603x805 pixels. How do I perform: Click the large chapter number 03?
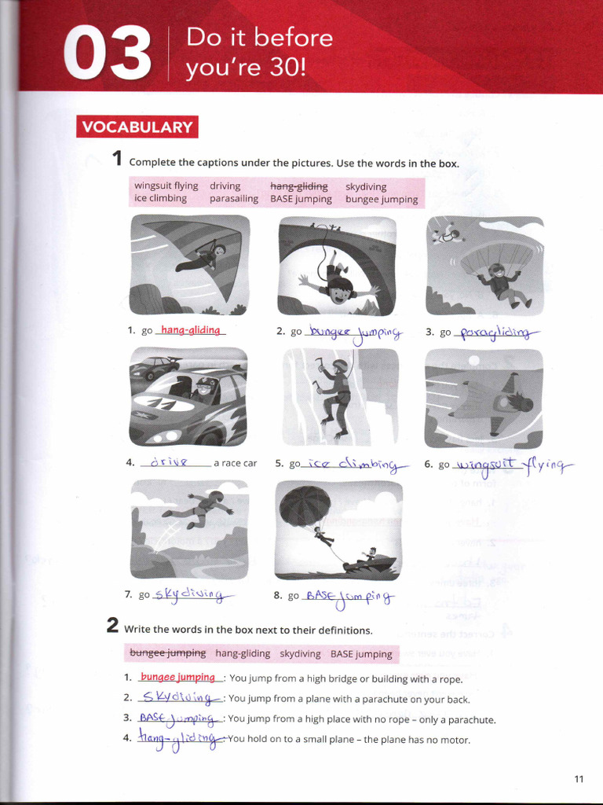(x=108, y=53)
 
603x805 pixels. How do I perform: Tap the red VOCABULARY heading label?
(x=137, y=127)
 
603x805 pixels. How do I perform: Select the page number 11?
(x=579, y=779)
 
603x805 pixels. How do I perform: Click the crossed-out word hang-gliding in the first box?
(x=298, y=186)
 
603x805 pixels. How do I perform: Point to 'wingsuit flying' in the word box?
(x=166, y=186)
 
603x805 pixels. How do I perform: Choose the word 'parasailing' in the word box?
(x=233, y=199)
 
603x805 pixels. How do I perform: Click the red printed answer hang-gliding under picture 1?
(x=191, y=331)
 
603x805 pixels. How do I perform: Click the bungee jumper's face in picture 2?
(x=339, y=292)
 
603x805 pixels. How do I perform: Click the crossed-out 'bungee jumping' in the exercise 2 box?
(x=167, y=653)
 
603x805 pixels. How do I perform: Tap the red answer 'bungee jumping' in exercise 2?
(x=177, y=678)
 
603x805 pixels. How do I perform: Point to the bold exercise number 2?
(x=113, y=627)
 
